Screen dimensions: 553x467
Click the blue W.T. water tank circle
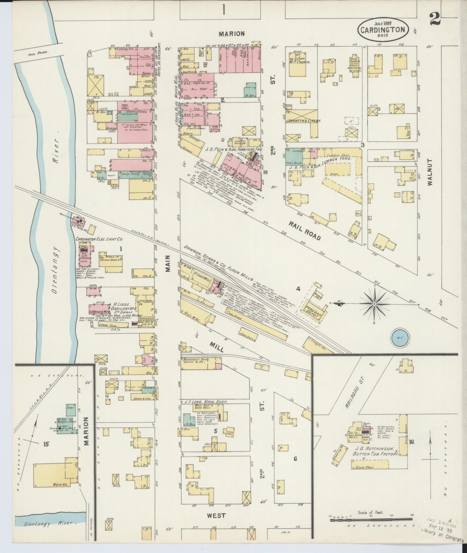(x=400, y=337)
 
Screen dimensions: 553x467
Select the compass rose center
(x=374, y=303)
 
